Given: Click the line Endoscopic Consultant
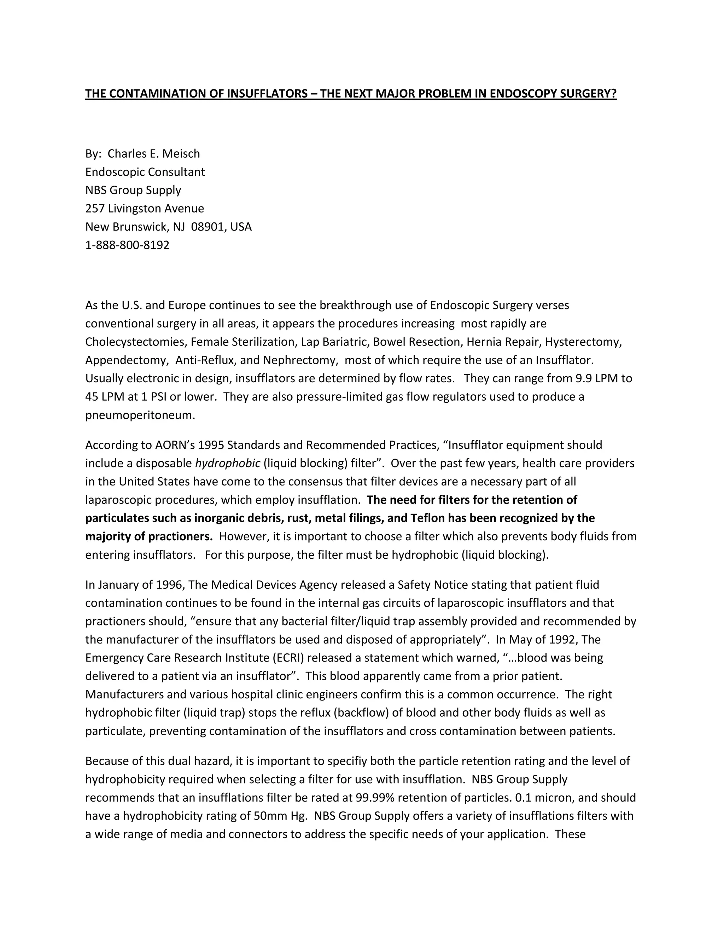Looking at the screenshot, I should pyautogui.click(x=145, y=172).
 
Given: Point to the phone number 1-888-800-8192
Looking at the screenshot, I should pyautogui.click(x=127, y=245).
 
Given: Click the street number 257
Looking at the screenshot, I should pyautogui.click(x=95, y=209).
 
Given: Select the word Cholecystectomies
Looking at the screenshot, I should pyautogui.click(x=135, y=342).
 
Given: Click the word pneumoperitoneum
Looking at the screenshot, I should pyautogui.click(x=140, y=415).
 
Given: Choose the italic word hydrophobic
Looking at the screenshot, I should pyautogui.click(x=227, y=463).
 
